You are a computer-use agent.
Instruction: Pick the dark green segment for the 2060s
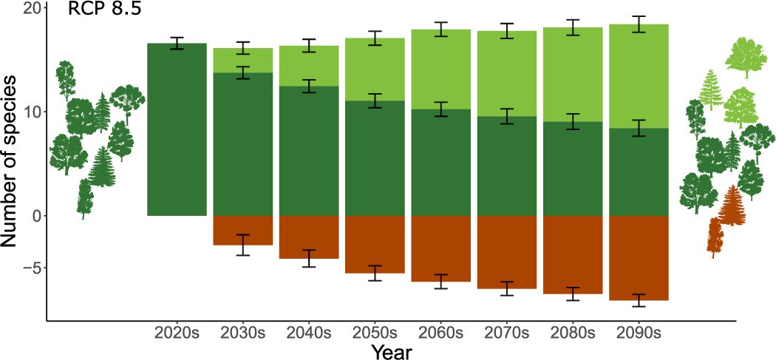[440, 162]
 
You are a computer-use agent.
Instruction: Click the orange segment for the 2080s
[573, 254]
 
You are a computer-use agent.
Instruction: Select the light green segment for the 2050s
[375, 69]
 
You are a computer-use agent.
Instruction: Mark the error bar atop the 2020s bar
[177, 43]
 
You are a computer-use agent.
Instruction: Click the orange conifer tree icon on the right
[732, 206]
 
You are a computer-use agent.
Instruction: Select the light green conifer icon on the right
[711, 89]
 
